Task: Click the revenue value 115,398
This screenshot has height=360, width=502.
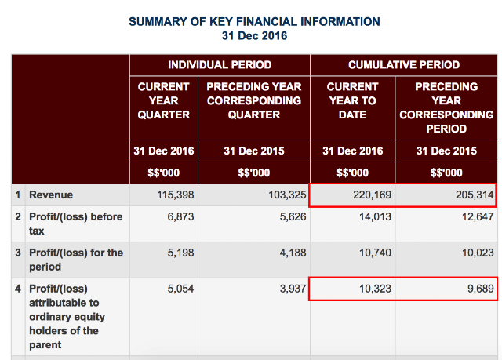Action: point(176,195)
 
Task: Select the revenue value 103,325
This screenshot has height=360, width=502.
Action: point(287,195)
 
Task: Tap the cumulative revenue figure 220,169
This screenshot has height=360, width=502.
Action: point(372,195)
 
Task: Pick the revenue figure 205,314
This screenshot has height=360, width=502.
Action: point(475,195)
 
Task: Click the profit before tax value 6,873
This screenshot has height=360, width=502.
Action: point(180,217)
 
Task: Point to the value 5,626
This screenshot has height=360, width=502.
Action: point(293,217)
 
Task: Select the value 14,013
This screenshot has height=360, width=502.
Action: point(375,217)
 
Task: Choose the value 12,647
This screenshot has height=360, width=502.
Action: point(478,217)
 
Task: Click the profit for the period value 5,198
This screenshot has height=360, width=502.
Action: point(180,253)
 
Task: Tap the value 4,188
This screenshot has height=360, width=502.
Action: point(293,253)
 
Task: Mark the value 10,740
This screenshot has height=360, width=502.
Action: point(375,253)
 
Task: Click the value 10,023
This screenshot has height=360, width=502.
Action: point(478,253)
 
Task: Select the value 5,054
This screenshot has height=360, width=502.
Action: point(180,289)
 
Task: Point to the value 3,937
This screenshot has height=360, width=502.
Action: point(293,289)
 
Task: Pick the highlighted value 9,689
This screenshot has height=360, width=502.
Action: point(481,289)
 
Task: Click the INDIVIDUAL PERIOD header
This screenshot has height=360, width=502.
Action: point(220,65)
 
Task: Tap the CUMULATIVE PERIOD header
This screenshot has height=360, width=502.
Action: point(404,65)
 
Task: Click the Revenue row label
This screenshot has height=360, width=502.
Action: point(51,195)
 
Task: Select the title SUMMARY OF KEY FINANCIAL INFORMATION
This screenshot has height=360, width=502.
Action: point(254,22)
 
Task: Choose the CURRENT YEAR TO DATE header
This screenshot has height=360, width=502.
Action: point(352,100)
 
